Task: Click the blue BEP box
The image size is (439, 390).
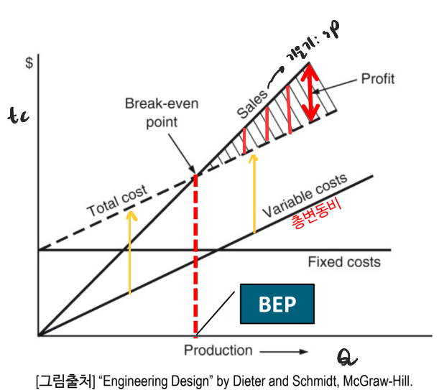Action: coord(277,303)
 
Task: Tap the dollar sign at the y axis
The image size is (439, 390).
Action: coord(29,62)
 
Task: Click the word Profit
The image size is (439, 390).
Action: coord(378,79)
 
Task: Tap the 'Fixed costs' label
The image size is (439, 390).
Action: coord(344,262)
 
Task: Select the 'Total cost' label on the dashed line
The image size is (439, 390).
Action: coord(118,201)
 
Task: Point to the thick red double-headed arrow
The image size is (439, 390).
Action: coord(310,92)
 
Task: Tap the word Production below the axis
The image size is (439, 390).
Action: coord(218,350)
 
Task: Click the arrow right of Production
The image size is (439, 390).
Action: coord(283,351)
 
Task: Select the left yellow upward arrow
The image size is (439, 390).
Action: coord(129,251)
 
